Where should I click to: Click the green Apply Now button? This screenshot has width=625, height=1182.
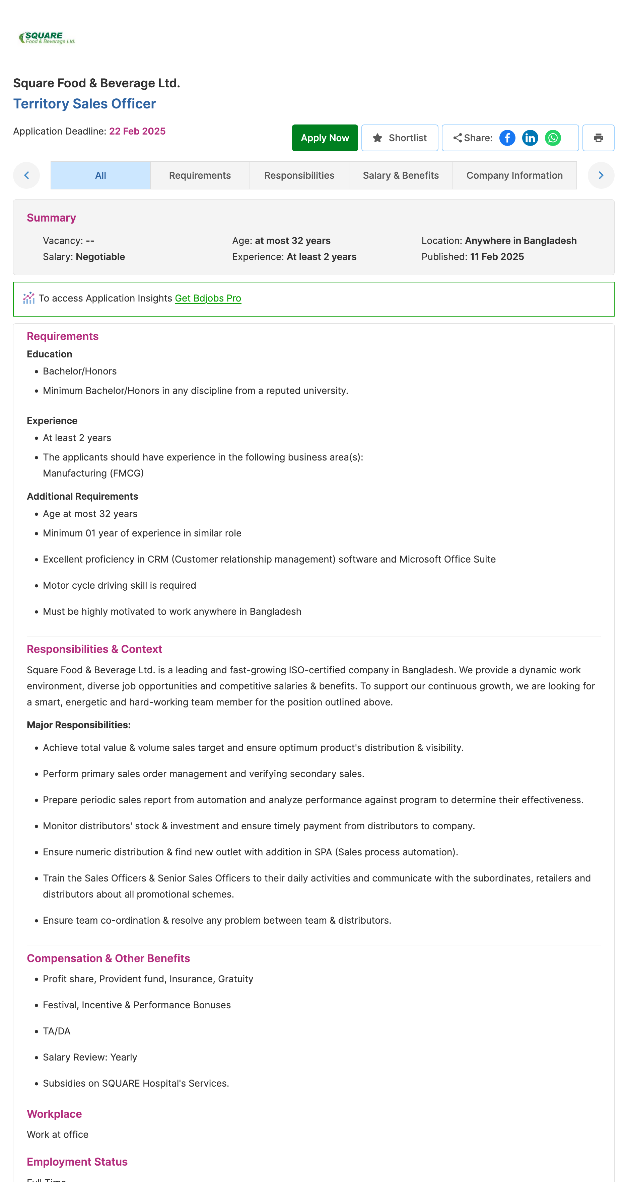pyautogui.click(x=324, y=138)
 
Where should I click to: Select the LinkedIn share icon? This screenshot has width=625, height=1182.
pyautogui.click(x=530, y=138)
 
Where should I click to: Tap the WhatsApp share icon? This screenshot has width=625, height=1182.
pyautogui.click(x=552, y=138)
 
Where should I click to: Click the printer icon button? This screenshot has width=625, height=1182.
pyautogui.click(x=598, y=138)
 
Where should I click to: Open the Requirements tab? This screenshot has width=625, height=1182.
pyautogui.click(x=199, y=175)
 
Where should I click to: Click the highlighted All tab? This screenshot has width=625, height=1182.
pyautogui.click(x=100, y=175)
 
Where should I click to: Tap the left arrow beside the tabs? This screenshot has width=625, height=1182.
pyautogui.click(x=26, y=175)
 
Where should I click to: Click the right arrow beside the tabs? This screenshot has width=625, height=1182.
pyautogui.click(x=600, y=175)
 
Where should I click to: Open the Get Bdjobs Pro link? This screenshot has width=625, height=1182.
pyautogui.click(x=208, y=298)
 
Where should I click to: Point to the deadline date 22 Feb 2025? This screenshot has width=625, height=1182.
pyautogui.click(x=137, y=131)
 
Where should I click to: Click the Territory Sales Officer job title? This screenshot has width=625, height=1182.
pyautogui.click(x=84, y=104)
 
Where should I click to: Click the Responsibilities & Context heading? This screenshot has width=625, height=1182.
pyautogui.click(x=94, y=649)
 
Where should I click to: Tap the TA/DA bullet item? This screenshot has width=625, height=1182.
pyautogui.click(x=57, y=1031)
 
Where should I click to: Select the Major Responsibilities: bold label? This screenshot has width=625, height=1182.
pyautogui.click(x=78, y=725)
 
